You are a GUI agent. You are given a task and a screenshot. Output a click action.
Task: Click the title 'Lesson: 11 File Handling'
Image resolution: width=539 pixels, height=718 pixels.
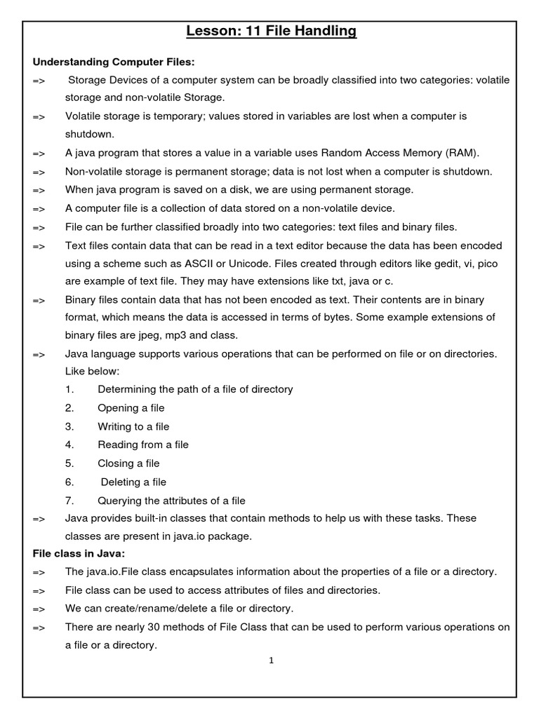[x=271, y=31]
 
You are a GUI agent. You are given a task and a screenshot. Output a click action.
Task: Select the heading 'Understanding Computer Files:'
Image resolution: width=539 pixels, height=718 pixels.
[x=104, y=62]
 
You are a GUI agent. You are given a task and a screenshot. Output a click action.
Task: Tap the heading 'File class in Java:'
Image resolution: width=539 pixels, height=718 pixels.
[x=79, y=553]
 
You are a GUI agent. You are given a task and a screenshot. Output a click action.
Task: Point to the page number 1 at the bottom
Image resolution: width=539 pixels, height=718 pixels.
[x=271, y=661]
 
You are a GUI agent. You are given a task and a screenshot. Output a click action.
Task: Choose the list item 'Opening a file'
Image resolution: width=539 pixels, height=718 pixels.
[x=131, y=408]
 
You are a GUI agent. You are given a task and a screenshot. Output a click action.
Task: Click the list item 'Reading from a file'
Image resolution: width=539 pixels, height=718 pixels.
[x=143, y=445]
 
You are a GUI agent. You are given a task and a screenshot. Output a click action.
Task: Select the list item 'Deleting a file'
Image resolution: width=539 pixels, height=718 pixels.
[x=133, y=482]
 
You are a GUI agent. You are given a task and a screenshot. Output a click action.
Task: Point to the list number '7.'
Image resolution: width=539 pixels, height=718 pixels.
[x=69, y=501]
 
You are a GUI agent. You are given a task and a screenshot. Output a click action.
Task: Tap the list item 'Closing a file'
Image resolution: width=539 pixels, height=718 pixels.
[x=128, y=463]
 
